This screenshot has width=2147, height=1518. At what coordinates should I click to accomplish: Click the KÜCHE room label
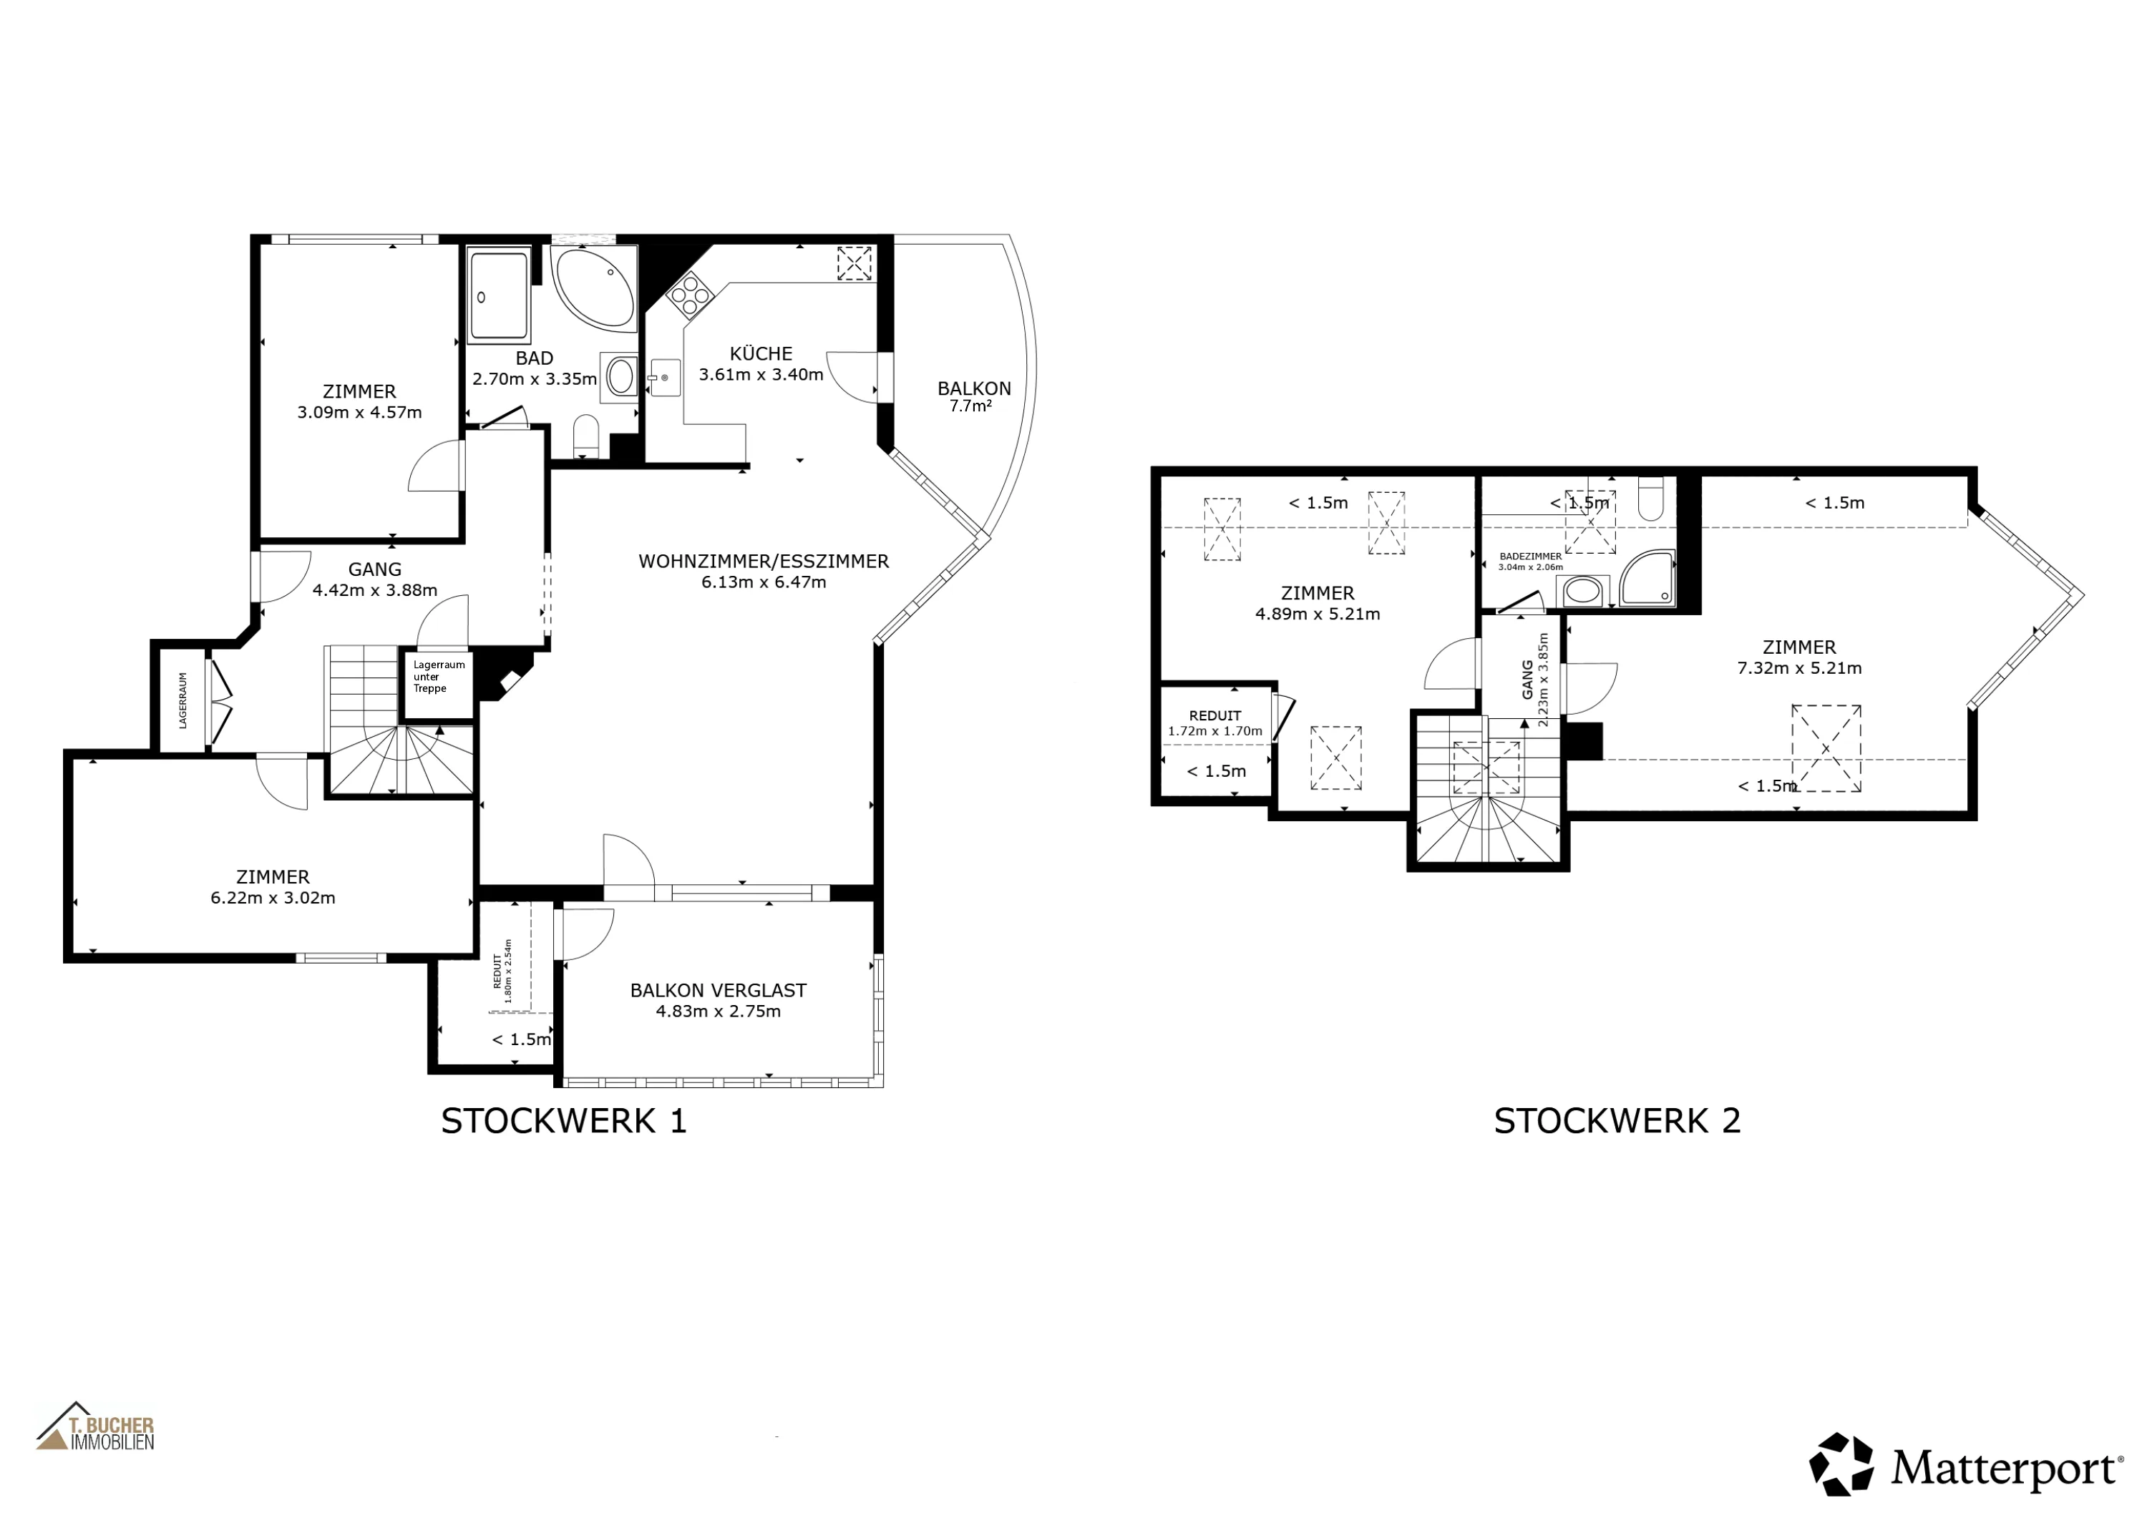(x=761, y=354)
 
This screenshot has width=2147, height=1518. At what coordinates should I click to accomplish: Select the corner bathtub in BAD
(x=594, y=286)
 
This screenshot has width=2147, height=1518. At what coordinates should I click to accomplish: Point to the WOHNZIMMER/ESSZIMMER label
(x=763, y=562)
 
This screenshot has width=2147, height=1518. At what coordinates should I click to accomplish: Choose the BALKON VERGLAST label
(x=718, y=991)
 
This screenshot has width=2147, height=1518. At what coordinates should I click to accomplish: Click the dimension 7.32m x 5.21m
(x=1799, y=668)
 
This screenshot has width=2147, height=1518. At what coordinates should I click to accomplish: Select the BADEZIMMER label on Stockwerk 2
(x=1531, y=556)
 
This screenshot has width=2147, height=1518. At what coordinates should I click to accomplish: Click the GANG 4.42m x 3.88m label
(x=375, y=579)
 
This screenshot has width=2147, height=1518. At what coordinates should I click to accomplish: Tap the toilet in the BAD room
(x=585, y=435)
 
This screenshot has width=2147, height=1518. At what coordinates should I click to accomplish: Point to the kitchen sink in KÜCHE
(x=665, y=378)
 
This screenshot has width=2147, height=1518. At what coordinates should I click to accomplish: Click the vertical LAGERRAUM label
(x=183, y=700)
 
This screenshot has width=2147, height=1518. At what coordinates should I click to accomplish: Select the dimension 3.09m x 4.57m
(x=360, y=412)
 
